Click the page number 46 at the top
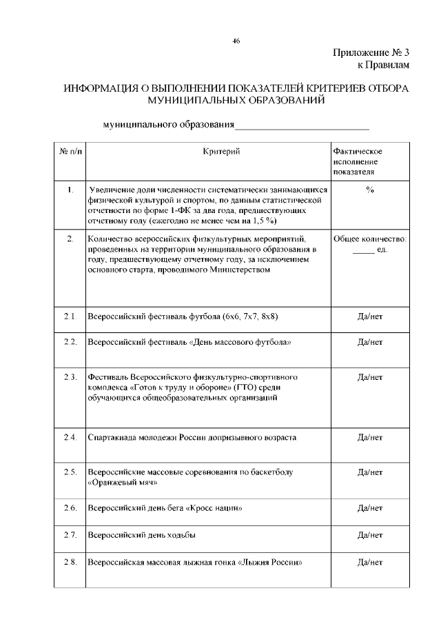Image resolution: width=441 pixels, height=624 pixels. pos(236,41)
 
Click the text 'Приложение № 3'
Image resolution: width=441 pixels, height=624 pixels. pos(371,53)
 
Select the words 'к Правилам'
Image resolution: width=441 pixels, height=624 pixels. pos(382,65)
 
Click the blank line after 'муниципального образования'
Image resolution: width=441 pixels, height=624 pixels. pos(302,127)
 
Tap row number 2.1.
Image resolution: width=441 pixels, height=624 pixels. pos(70,316)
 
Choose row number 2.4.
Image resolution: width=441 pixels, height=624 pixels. pos(70,437)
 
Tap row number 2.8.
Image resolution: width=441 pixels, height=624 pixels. pos(70,562)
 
